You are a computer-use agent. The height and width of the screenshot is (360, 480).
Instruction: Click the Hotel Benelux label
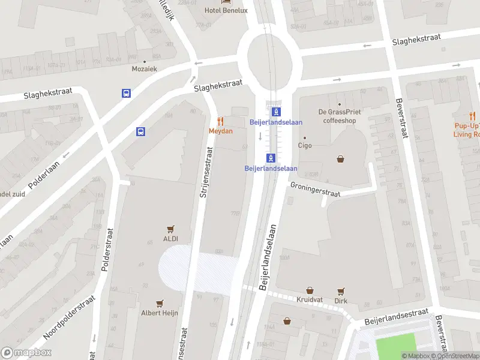click(x=227, y=10)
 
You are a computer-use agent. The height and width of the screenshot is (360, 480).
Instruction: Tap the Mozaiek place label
click(x=145, y=69)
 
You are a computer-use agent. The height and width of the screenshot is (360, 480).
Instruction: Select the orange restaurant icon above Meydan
click(x=220, y=121)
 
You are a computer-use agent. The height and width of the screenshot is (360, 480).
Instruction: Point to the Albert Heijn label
click(x=160, y=313)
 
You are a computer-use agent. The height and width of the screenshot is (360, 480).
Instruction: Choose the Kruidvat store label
click(x=310, y=299)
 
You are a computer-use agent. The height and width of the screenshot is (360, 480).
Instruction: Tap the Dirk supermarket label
click(x=341, y=301)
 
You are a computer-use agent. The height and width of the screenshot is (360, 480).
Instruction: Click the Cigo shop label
click(x=305, y=145)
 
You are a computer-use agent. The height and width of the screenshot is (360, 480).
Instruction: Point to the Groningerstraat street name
click(x=315, y=190)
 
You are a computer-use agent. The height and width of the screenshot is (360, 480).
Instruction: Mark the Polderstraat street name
click(x=107, y=250)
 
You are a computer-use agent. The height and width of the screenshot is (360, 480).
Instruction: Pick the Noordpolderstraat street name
click(x=69, y=317)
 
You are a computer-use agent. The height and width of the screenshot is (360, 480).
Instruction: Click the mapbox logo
click(x=26, y=353)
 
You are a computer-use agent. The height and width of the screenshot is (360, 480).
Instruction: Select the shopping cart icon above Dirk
click(x=341, y=290)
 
